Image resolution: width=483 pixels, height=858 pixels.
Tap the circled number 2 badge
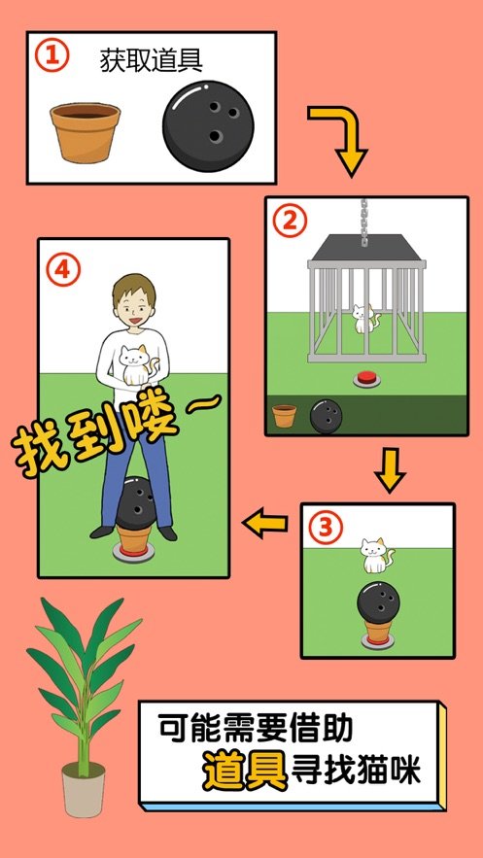click(x=288, y=221)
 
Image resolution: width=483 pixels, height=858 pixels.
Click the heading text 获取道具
click(x=151, y=60)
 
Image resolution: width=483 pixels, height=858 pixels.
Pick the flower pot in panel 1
click(x=86, y=131)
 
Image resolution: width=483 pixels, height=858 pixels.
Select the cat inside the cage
click(x=363, y=319)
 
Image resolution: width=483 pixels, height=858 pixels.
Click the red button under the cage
click(x=367, y=377)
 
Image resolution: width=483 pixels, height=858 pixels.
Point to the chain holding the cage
click(x=365, y=219)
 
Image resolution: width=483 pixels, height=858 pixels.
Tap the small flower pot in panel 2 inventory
click(x=285, y=417)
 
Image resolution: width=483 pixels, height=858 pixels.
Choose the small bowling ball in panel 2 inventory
click(x=326, y=416)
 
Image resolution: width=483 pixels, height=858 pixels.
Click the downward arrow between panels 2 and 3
click(x=390, y=470)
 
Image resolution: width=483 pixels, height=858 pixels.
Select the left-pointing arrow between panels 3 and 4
click(x=266, y=525)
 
